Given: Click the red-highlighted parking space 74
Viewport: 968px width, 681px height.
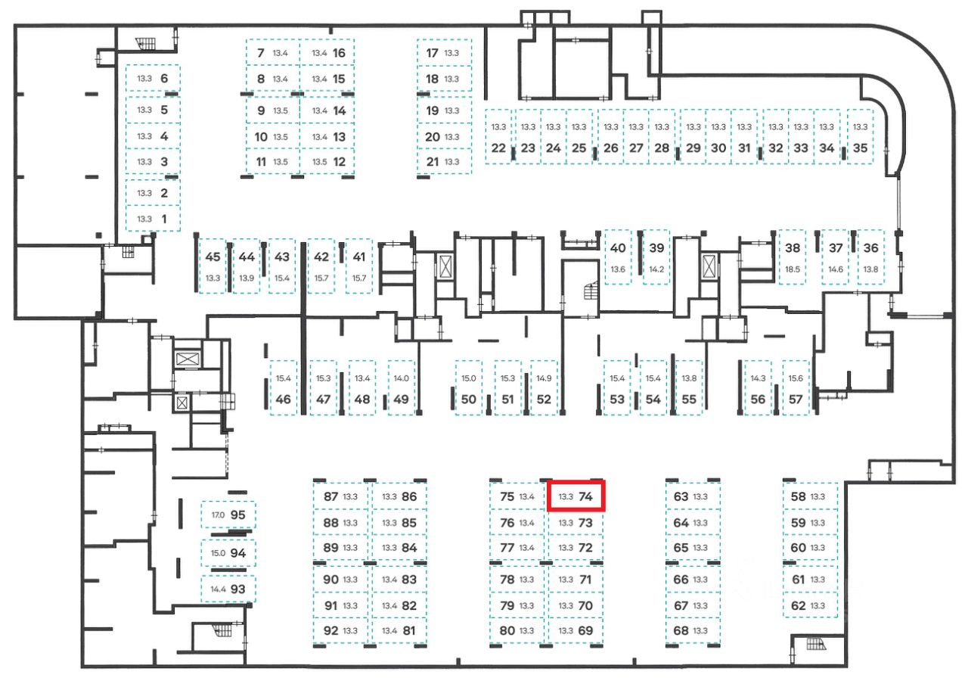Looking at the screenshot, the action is [x=576, y=497].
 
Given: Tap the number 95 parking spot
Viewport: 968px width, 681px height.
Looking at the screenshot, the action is [x=228, y=515].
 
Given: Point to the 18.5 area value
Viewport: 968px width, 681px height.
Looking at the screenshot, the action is [x=792, y=269].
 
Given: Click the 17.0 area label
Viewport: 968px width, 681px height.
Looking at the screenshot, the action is [x=218, y=515].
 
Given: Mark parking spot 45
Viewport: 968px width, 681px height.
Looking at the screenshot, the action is [x=213, y=266].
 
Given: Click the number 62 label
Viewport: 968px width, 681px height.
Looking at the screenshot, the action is [x=798, y=605].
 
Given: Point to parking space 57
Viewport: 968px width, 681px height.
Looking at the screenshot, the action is [x=795, y=389].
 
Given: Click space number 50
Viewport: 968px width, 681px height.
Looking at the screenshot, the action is [x=468, y=389].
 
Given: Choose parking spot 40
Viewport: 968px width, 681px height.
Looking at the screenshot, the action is [x=618, y=257].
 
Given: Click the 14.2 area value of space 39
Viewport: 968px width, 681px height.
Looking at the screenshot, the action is [x=656, y=269].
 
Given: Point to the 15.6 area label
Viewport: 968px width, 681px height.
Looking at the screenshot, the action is [x=795, y=378].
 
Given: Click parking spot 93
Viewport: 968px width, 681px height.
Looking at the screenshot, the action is [x=228, y=588].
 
